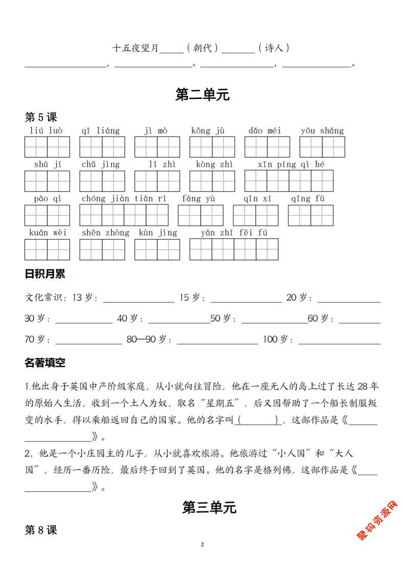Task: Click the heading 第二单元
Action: pos(202,95)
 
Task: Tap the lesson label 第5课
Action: pos(41,118)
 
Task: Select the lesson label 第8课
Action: pos(41,530)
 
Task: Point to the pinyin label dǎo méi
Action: pos(265,131)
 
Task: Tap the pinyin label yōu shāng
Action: pos(322,131)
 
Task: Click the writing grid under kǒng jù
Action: pos(212,147)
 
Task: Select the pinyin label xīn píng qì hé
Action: pos(291,164)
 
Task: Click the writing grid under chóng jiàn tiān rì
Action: pos(124,215)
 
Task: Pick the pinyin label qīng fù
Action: pos(308,198)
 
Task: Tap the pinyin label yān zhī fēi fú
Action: pos(234,232)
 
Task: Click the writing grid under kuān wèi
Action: pos(47,249)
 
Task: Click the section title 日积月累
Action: pos(45,274)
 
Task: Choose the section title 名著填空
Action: pos(45,363)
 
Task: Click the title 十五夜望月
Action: pos(135,48)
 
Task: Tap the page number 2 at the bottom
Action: pos(202,544)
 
